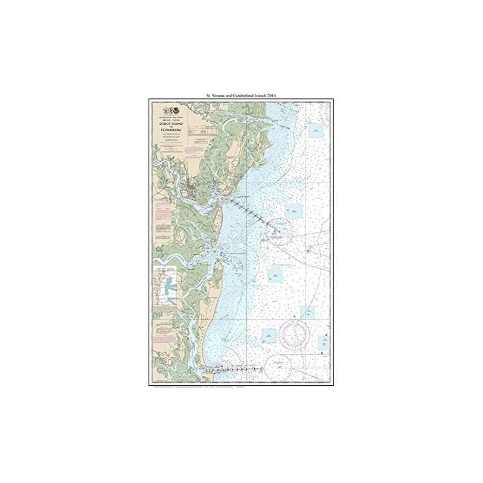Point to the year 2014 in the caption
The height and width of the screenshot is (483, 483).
[x=287, y=95]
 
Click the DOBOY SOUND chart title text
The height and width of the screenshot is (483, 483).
[x=170, y=123]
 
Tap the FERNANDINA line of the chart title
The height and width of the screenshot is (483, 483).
[x=170, y=130]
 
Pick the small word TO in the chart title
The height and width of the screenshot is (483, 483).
[x=170, y=127]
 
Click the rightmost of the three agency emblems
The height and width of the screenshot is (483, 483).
[x=176, y=110]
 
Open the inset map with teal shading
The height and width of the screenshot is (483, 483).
[x=167, y=286]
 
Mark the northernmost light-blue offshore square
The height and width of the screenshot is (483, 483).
[x=315, y=130]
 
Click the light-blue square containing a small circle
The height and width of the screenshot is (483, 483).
[x=294, y=211]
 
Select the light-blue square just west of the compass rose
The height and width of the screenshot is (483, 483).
[x=268, y=334]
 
